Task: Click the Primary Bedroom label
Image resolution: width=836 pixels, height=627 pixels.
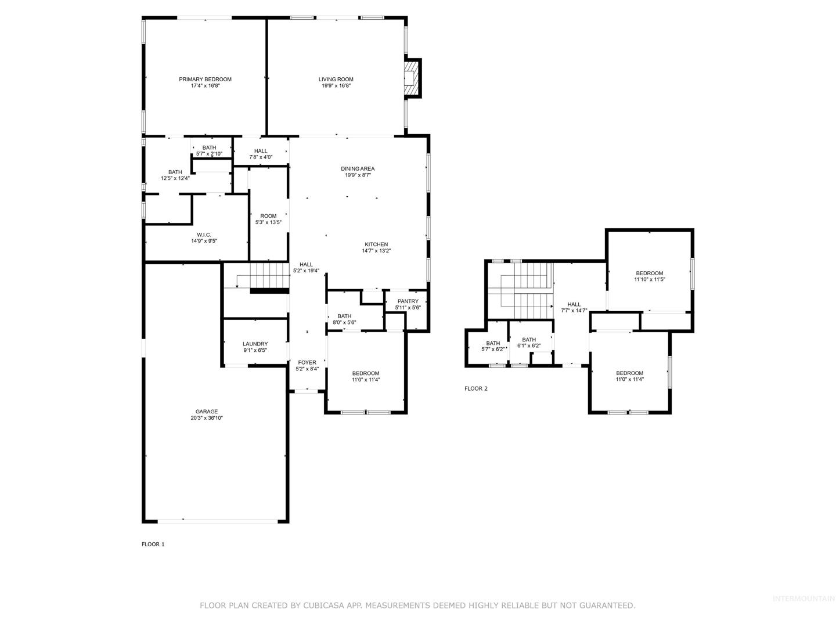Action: pyautogui.click(x=205, y=82)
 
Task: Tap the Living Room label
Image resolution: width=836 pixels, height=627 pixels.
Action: pyautogui.click(x=336, y=82)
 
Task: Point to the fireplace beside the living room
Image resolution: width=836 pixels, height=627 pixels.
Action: pyautogui.click(x=412, y=78)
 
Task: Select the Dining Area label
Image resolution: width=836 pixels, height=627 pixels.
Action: pyautogui.click(x=357, y=172)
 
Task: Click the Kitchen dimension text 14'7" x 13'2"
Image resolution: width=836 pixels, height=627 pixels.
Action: pyautogui.click(x=376, y=250)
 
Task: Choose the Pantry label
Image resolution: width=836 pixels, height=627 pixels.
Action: pyautogui.click(x=408, y=304)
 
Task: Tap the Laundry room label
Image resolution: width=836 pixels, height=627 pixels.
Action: pyautogui.click(x=255, y=347)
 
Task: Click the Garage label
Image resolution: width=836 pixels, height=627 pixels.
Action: pyautogui.click(x=207, y=415)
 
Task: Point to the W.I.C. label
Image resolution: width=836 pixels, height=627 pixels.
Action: pyautogui.click(x=204, y=237)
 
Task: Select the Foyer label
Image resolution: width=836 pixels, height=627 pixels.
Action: pyautogui.click(x=307, y=366)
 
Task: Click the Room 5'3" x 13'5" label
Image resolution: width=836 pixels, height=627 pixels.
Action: pyautogui.click(x=268, y=219)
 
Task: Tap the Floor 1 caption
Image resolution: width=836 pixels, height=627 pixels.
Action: pyautogui.click(x=153, y=544)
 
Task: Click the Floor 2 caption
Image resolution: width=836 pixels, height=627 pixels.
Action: pyautogui.click(x=475, y=388)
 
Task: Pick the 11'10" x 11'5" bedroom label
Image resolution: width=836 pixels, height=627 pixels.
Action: pyautogui.click(x=649, y=276)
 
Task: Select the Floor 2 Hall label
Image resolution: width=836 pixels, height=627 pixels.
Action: pyautogui.click(x=574, y=307)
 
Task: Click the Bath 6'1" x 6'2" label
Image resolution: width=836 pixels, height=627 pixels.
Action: pyautogui.click(x=529, y=343)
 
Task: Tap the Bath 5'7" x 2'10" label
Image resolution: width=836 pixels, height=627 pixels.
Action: pyautogui.click(x=209, y=150)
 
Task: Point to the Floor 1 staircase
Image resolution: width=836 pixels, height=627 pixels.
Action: pyautogui.click(x=269, y=276)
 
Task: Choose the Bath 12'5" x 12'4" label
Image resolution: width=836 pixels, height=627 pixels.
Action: pyautogui.click(x=175, y=175)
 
